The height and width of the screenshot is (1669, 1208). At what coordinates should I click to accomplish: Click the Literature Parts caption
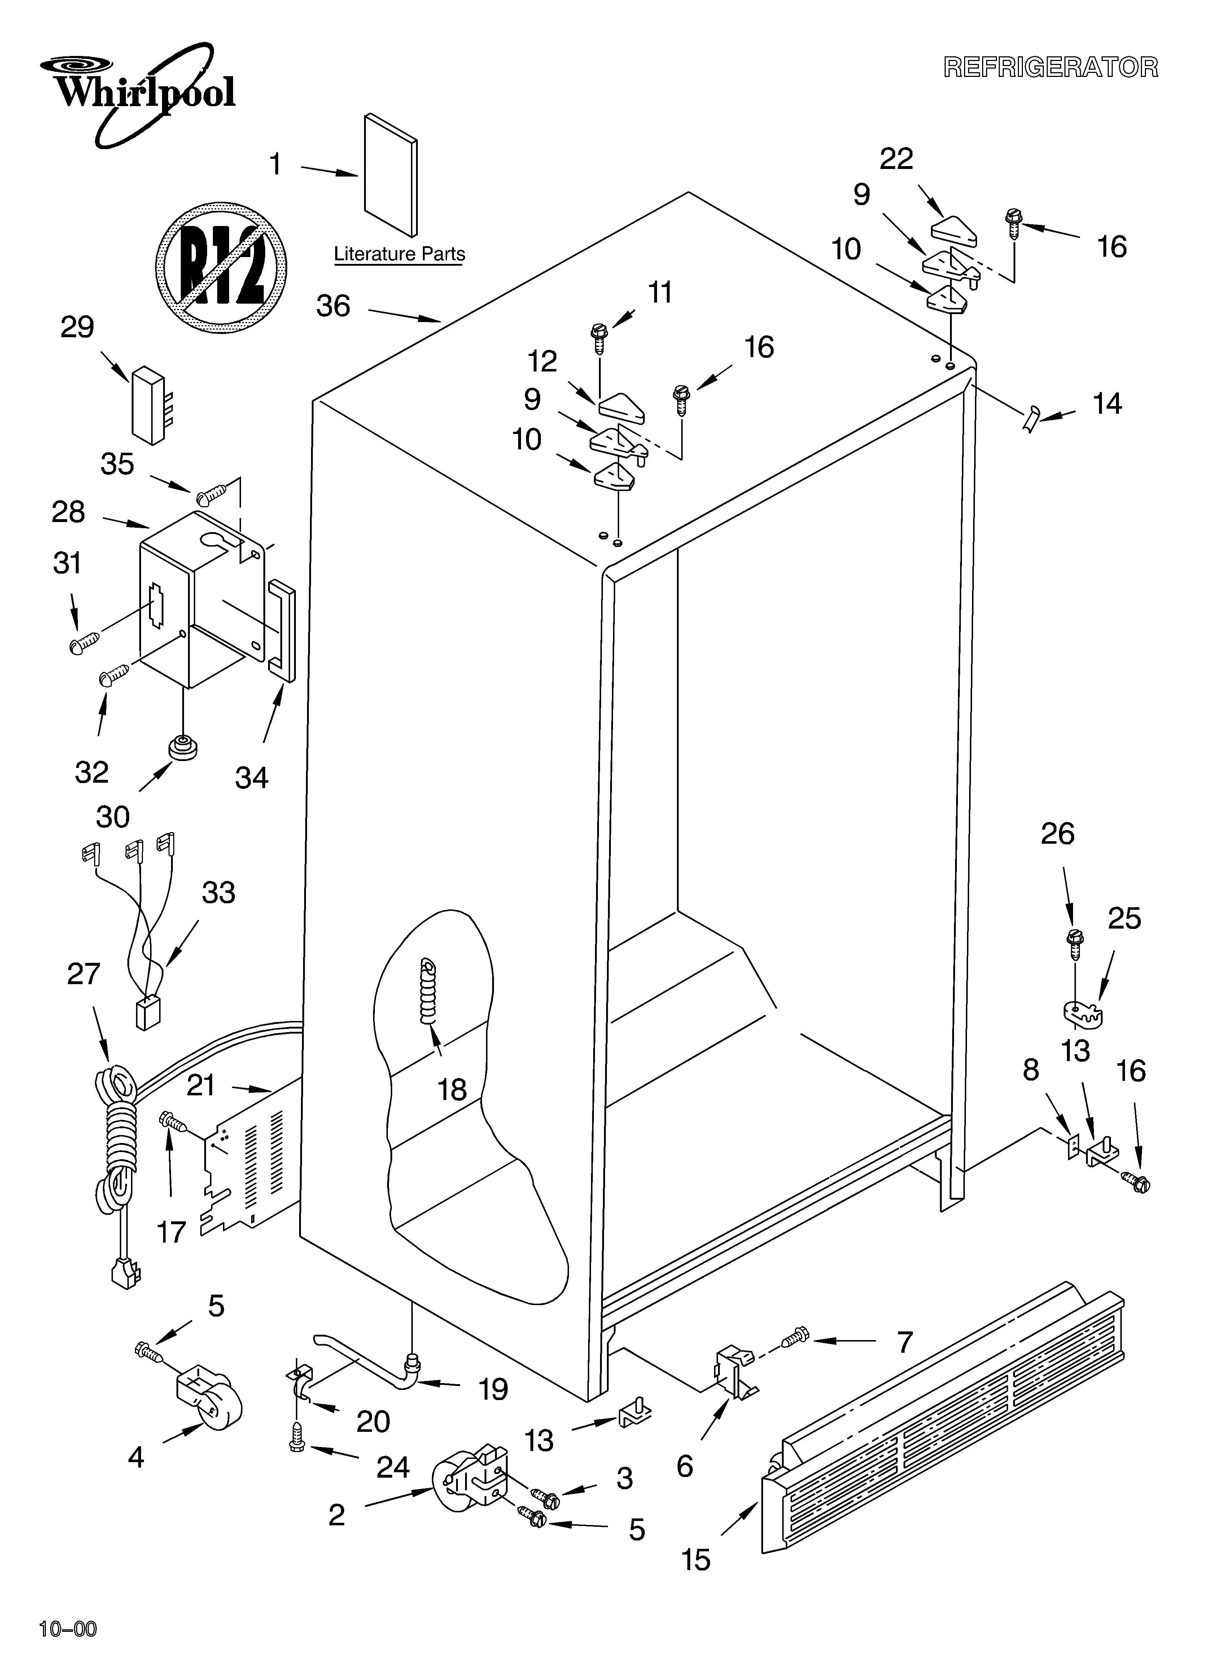399,254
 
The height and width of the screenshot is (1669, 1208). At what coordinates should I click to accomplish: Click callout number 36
333,306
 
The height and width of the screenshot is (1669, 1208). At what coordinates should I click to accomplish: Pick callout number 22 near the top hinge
896,159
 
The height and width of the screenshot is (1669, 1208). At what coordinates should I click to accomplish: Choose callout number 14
1107,404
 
